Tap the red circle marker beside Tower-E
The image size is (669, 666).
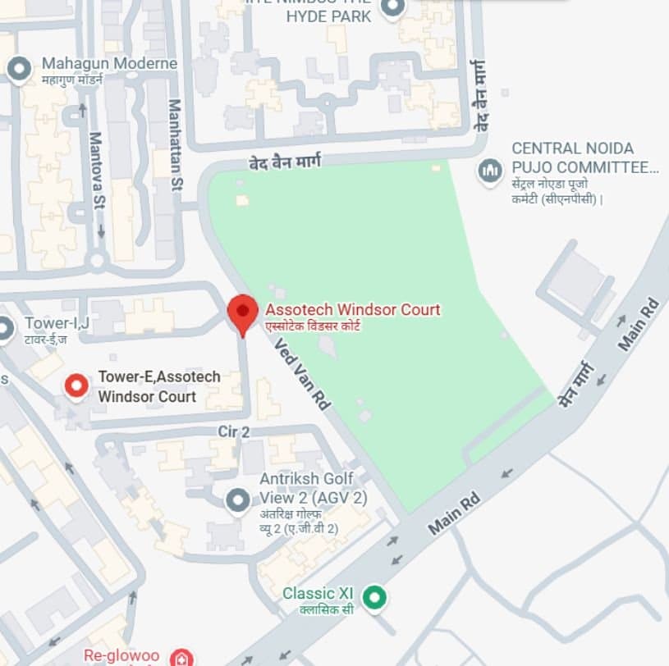point(77,385)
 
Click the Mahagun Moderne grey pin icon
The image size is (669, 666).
point(19,68)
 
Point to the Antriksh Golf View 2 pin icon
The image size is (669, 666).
point(238,498)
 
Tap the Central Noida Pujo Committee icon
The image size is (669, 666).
point(490,171)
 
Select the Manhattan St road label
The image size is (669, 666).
point(174,146)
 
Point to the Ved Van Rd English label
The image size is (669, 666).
point(302,375)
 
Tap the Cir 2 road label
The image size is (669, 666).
point(234,431)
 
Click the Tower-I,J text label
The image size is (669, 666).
point(57,322)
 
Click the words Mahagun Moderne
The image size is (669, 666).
point(109,63)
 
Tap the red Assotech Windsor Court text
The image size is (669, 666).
point(353,310)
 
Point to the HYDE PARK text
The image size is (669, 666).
point(328,16)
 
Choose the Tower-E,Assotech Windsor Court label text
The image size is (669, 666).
point(158,386)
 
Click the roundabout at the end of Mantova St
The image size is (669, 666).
point(98,262)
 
